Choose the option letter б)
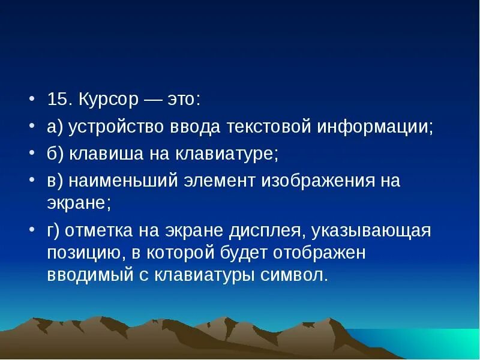(x=55, y=154)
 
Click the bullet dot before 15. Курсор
(x=34, y=100)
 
